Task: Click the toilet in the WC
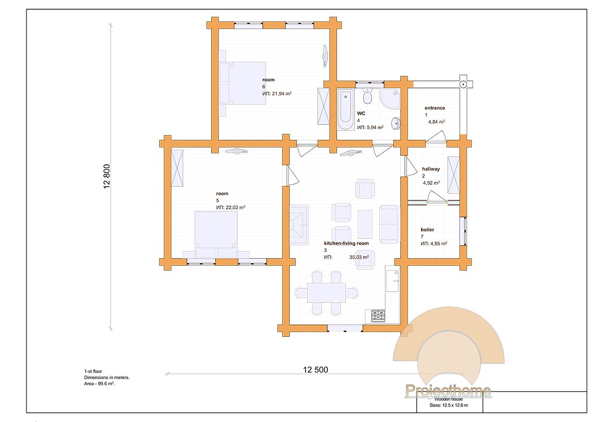(x=367, y=97)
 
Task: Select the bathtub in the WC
(x=345, y=110)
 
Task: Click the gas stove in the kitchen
(x=378, y=316)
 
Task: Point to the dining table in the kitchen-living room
(x=327, y=292)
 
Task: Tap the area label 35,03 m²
(x=359, y=257)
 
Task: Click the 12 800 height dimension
(x=106, y=176)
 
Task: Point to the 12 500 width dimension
(x=315, y=369)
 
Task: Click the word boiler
(x=427, y=229)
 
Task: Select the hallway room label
(x=431, y=169)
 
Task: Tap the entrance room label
(x=435, y=108)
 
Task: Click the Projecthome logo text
(x=448, y=391)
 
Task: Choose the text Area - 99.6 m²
(x=99, y=384)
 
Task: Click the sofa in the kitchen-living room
(x=389, y=224)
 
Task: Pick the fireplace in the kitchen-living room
(x=299, y=223)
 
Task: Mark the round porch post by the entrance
(x=463, y=84)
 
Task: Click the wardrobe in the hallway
(x=454, y=175)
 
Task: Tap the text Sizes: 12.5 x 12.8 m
(x=449, y=405)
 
